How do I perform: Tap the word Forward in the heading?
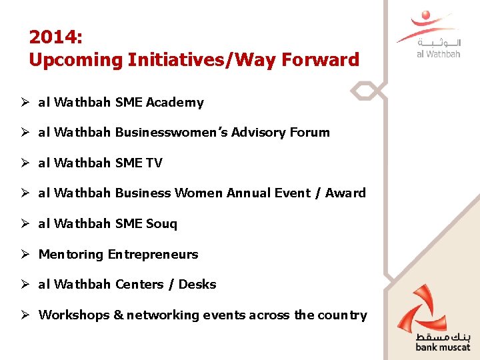(x=321, y=60)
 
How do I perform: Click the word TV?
(x=153, y=163)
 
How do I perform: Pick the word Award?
(x=345, y=193)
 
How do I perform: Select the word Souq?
(x=161, y=224)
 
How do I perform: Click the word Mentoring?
(x=71, y=255)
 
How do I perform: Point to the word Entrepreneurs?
(x=153, y=255)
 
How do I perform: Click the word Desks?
(x=197, y=285)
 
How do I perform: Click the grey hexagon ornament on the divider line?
(x=369, y=91)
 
